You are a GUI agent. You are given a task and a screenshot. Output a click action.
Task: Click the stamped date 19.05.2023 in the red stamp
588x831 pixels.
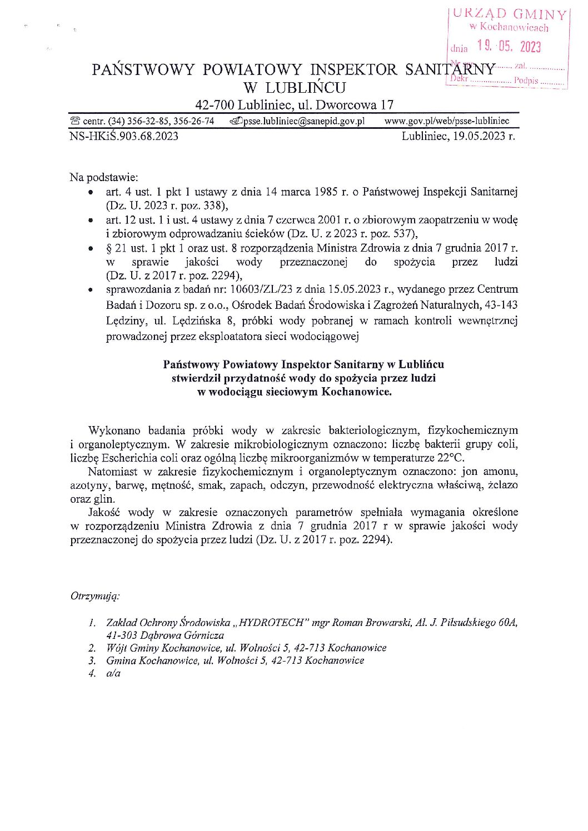click(509, 46)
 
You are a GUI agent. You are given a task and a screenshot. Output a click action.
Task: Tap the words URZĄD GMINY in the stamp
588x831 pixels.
click(509, 14)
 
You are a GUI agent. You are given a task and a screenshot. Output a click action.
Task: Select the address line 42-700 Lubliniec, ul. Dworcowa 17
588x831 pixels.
click(294, 104)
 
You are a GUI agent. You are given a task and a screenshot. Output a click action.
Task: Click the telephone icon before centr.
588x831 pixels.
click(75, 121)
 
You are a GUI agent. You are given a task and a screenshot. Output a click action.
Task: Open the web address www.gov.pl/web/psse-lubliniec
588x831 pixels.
click(447, 121)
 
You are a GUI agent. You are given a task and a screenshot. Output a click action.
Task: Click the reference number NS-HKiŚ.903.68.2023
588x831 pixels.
click(124, 136)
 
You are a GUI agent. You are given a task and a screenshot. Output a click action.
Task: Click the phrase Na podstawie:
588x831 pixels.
click(104, 177)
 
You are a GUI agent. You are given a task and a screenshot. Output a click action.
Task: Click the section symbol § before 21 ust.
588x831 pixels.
click(109, 248)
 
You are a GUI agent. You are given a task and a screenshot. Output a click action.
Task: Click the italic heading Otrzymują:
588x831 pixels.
click(95, 596)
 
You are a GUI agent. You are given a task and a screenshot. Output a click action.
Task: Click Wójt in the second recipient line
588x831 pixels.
click(117, 648)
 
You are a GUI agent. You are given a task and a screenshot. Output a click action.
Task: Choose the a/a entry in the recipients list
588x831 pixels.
click(113, 673)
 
